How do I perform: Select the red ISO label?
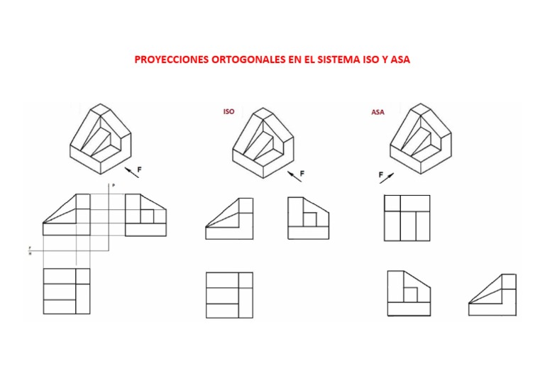tap(229, 111)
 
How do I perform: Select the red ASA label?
tap(378, 112)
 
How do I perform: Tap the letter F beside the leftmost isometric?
tap(139, 170)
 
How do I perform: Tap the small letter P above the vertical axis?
tap(112, 184)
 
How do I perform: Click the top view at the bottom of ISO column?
tap(229, 295)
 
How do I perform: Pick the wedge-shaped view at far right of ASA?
tap(492, 294)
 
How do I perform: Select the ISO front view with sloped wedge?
tap(229, 219)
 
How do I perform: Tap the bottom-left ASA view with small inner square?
tap(408, 293)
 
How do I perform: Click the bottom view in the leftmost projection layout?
tap(67, 291)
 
